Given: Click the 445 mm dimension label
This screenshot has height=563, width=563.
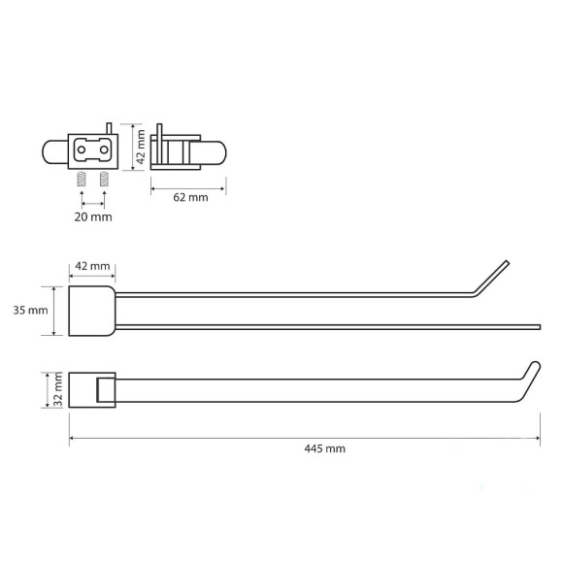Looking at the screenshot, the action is click(x=324, y=448).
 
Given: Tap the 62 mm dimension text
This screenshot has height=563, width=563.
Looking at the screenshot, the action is click(x=190, y=197).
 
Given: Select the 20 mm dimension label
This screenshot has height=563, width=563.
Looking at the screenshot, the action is click(x=93, y=216).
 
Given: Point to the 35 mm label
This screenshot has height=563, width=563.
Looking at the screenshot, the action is click(x=30, y=311).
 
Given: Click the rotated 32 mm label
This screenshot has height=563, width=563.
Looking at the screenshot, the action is click(x=57, y=390).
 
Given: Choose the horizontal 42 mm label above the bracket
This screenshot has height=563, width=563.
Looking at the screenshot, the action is click(x=92, y=266).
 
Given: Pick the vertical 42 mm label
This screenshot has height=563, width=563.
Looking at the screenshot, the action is click(x=141, y=147).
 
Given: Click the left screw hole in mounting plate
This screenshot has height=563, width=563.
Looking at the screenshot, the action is click(x=82, y=149).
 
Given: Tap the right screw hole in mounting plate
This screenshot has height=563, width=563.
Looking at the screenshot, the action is click(x=104, y=149).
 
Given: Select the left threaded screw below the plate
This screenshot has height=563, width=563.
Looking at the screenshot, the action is click(x=82, y=179).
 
